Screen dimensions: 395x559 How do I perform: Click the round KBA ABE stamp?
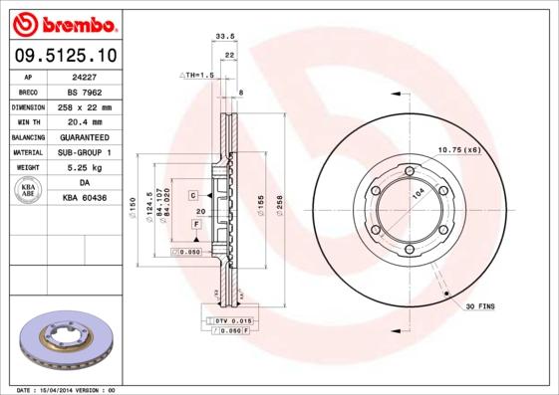click(28, 191)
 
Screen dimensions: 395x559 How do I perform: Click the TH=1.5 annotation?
click(197, 76)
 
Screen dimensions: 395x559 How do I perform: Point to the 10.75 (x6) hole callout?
click(459, 149)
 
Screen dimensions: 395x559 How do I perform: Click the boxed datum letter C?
click(192, 194)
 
